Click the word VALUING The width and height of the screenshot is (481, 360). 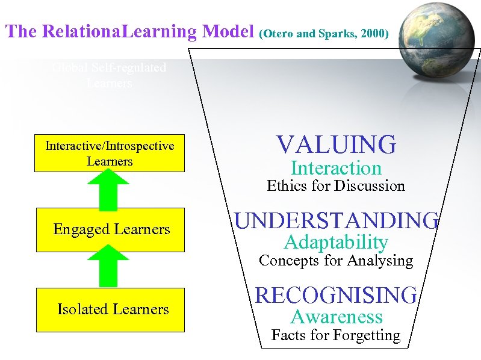click(336, 145)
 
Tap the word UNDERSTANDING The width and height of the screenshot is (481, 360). click(336, 221)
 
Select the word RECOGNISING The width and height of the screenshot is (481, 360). click(336, 295)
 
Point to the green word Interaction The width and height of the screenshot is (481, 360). click(336, 169)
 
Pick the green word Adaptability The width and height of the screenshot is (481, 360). click(336, 243)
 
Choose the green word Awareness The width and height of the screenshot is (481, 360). click(336, 317)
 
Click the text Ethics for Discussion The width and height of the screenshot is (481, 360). click(336, 186)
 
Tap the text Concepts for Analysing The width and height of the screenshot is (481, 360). click(336, 261)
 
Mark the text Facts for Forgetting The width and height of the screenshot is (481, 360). click(336, 335)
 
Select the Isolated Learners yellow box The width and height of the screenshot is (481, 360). click(110, 309)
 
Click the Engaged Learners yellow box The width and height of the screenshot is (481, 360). click(110, 229)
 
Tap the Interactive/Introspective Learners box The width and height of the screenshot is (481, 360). click(110, 154)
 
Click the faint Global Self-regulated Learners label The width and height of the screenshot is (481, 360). click(109, 76)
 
